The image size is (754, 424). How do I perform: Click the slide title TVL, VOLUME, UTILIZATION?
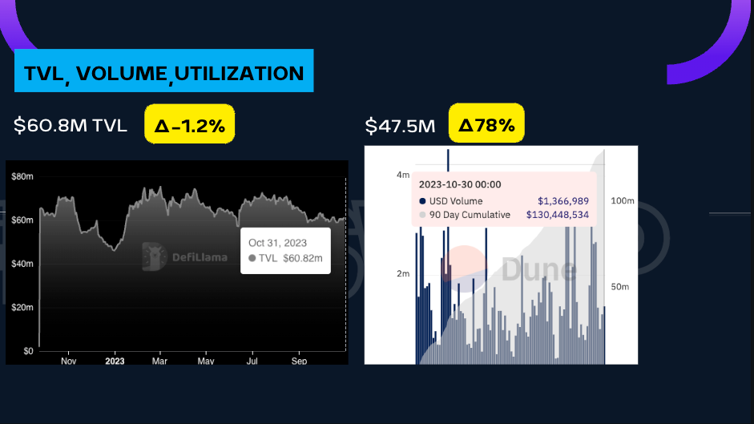coord(163,73)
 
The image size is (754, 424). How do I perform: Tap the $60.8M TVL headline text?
coord(71,126)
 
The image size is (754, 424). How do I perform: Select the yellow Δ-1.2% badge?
coord(189,126)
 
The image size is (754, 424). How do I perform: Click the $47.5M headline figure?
coord(401,126)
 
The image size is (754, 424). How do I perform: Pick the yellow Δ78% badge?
coord(486,126)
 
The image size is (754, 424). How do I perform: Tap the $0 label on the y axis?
coord(27,351)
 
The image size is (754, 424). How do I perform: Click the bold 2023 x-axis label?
coord(115,361)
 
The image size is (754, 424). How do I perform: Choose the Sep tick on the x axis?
coord(299,361)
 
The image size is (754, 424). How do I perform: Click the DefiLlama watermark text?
coord(200,257)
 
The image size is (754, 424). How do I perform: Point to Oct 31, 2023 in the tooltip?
coord(277,242)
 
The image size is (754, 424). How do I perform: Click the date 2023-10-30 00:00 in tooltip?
coord(460,184)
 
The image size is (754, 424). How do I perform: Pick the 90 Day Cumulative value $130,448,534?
coord(557,215)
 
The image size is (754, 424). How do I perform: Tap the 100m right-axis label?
coord(623,200)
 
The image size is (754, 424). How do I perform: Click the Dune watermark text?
coord(538,270)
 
